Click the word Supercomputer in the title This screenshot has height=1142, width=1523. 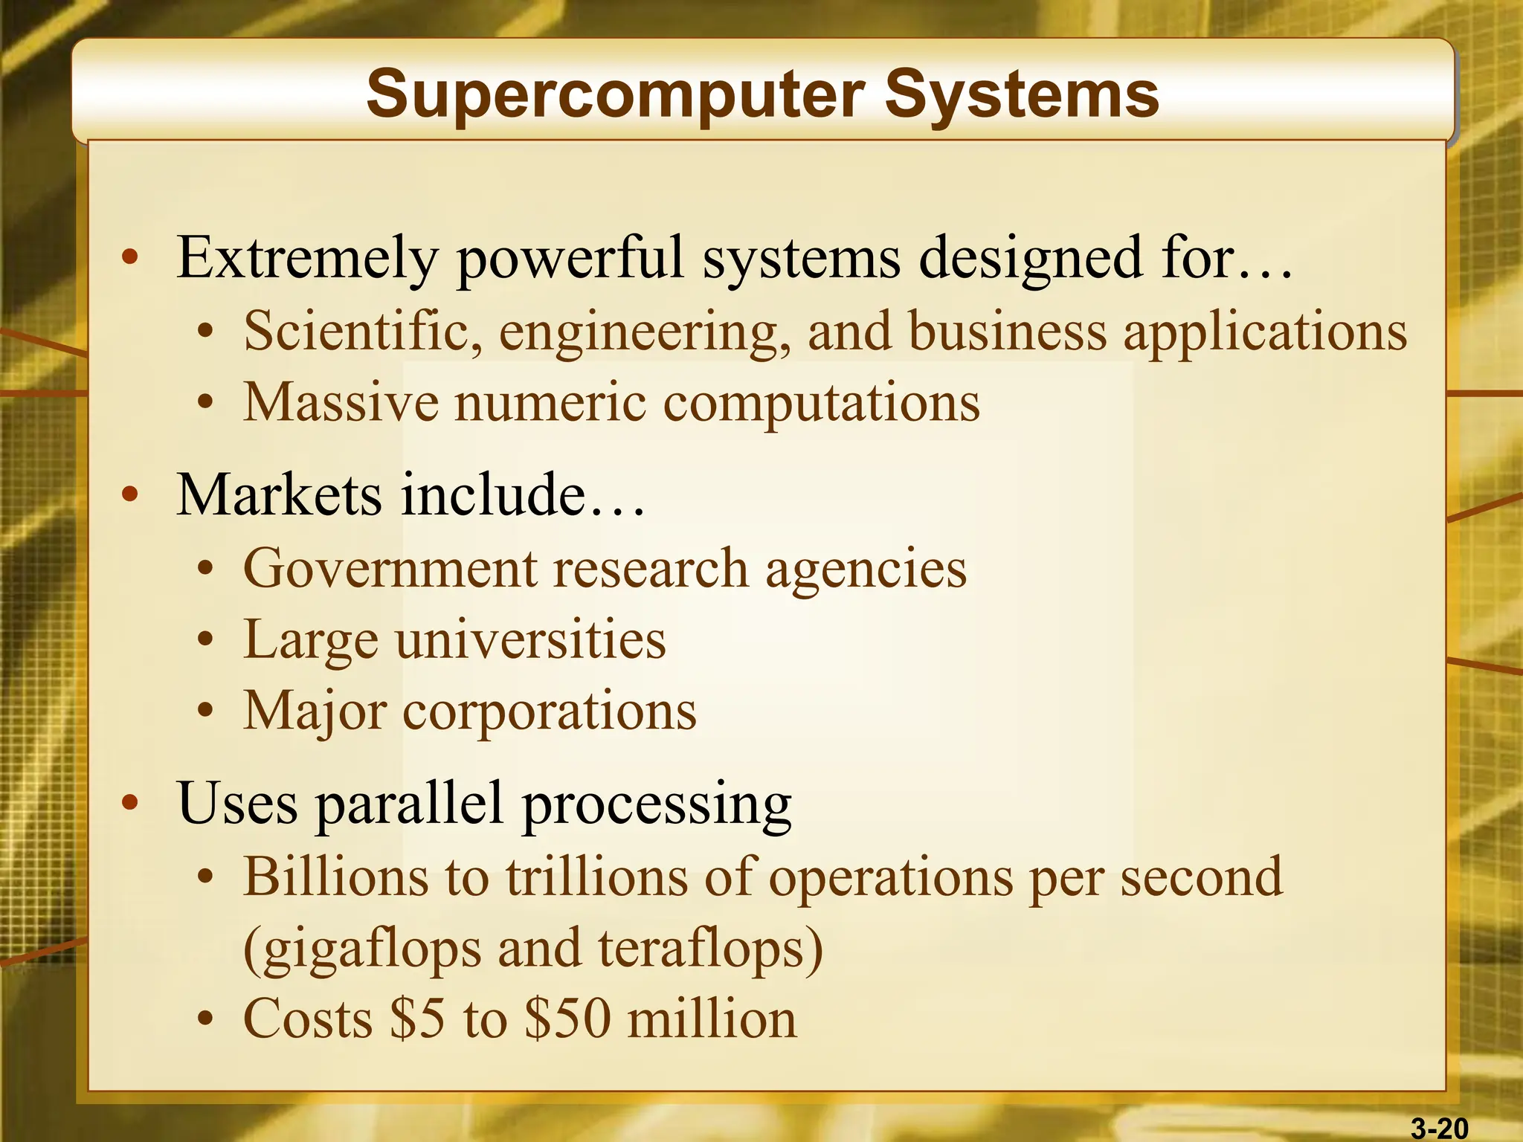pyautogui.click(x=615, y=95)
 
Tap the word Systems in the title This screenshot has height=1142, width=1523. pyautogui.click(x=1022, y=95)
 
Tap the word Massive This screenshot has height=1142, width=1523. pyautogui.click(x=341, y=402)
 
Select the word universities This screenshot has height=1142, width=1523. pyautogui.click(x=530, y=639)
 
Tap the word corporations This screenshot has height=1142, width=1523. pyautogui.click(x=550, y=712)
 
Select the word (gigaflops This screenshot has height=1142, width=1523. pyautogui.click(x=362, y=949)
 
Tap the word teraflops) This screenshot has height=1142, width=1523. pyautogui.click(x=710, y=949)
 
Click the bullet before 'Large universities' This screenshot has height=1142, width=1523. pyautogui.click(x=206, y=640)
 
